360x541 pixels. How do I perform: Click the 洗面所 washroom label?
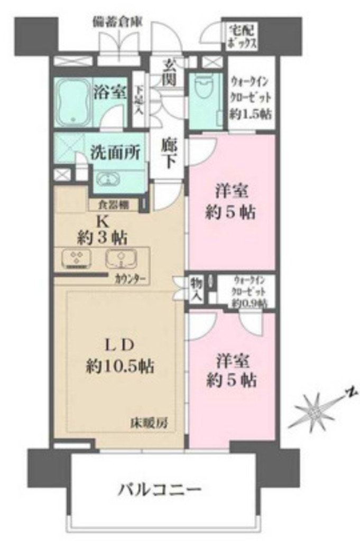(x=115, y=153)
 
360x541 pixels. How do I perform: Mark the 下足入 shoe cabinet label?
(x=139, y=100)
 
